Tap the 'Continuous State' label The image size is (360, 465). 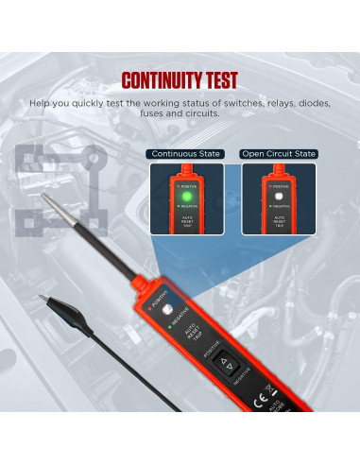coord(184,153)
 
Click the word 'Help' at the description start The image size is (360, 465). coord(41,101)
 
